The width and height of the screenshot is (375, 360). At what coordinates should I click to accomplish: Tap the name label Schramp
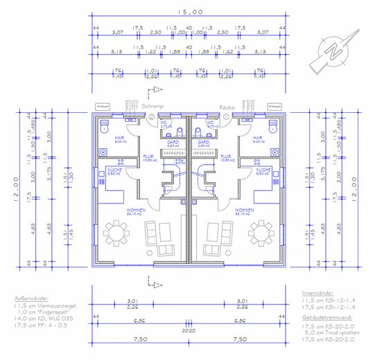(152, 107)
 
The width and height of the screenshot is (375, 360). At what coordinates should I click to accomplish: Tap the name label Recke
(227, 107)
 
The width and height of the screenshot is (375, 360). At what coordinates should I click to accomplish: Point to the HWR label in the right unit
(259, 138)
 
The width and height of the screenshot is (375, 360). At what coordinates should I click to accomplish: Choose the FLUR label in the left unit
(148, 156)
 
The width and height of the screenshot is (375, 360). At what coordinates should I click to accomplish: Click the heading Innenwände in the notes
(321, 294)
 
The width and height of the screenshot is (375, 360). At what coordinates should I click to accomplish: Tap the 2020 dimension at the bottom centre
(189, 332)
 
